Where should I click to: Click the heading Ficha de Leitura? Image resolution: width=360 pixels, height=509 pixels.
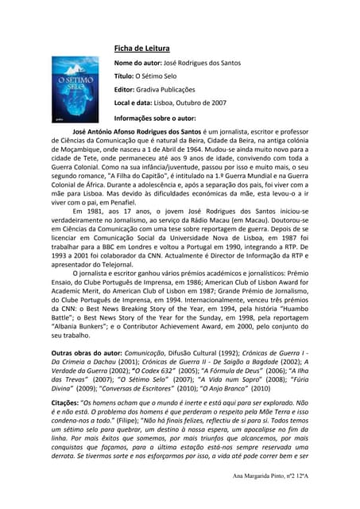pos(147,48)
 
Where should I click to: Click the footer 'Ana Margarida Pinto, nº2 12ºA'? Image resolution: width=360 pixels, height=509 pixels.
pos(287,498)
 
